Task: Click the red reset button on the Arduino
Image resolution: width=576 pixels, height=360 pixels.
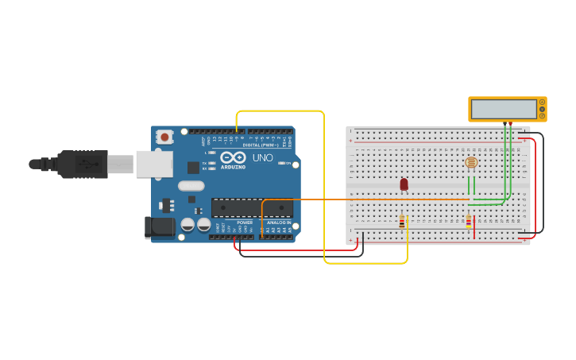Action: click(x=164, y=137)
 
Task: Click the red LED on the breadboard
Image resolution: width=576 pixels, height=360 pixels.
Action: click(x=404, y=184)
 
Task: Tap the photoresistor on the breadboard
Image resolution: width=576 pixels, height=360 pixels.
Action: click(x=471, y=163)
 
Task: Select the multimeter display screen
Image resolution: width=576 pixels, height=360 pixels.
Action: click(x=503, y=109)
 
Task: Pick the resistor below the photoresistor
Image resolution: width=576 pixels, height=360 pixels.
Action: click(x=469, y=222)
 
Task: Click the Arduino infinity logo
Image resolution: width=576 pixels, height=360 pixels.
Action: click(x=233, y=157)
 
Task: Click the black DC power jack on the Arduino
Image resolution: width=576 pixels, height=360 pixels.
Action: click(x=160, y=227)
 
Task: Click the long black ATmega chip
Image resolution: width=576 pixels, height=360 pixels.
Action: click(x=252, y=208)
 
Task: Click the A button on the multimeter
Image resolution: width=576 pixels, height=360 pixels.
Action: click(x=543, y=102)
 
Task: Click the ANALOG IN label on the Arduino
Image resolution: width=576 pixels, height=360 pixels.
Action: click(x=277, y=223)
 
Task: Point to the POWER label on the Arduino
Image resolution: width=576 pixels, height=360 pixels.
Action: click(x=245, y=223)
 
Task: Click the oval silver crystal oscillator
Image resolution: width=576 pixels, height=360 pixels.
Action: click(x=191, y=186)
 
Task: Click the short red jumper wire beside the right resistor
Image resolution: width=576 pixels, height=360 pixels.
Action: click(x=474, y=231)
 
